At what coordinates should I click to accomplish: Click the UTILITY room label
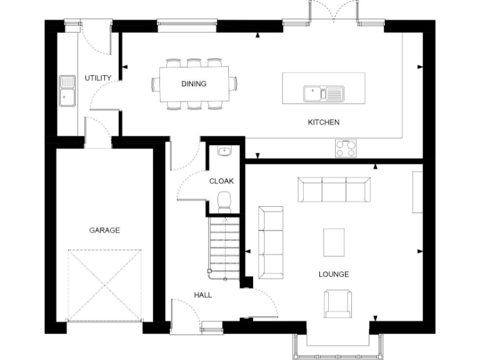[x=98, y=78]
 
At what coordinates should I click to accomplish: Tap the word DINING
[x=194, y=84]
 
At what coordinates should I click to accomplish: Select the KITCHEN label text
[x=324, y=122]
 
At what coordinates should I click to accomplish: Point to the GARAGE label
[x=104, y=231]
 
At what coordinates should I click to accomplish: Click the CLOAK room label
[x=221, y=181]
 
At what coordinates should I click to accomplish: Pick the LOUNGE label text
[x=334, y=274]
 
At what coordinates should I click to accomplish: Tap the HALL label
[x=202, y=295]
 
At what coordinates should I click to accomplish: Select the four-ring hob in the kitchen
[x=346, y=148]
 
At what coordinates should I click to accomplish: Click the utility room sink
[x=67, y=91]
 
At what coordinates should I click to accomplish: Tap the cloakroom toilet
[x=224, y=199]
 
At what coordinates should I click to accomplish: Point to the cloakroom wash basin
[x=223, y=151]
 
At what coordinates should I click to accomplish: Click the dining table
[x=194, y=84]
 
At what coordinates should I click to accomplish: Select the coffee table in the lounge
[x=334, y=242]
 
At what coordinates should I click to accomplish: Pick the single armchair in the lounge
[x=337, y=303]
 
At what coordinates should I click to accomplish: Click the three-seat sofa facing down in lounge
[x=334, y=189]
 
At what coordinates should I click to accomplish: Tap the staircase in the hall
[x=224, y=246]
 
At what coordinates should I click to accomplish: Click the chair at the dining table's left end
[x=156, y=84]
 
